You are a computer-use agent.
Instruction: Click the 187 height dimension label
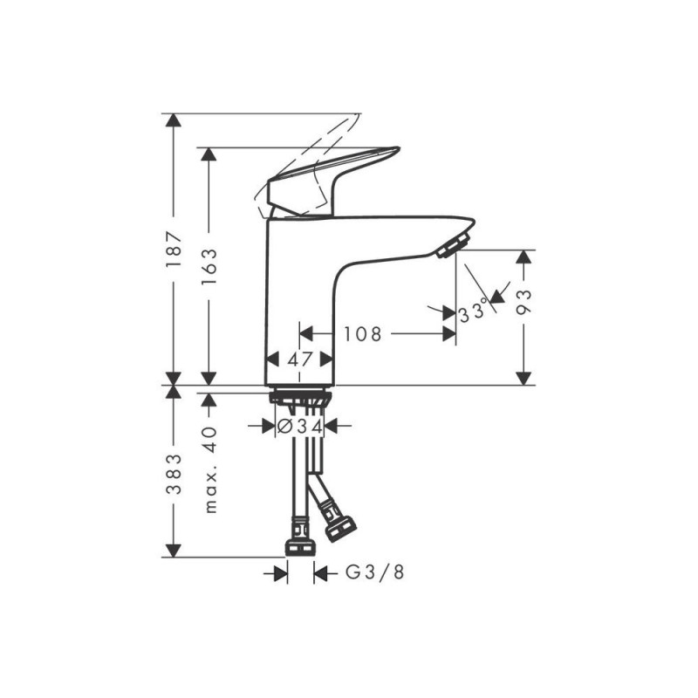point(174,249)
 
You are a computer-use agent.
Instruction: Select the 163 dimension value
point(209,267)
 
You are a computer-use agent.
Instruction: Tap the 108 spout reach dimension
point(362,333)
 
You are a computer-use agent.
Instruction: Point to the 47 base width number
point(300,359)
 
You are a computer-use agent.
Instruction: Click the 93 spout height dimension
point(524,302)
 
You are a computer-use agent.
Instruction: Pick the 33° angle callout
point(474,311)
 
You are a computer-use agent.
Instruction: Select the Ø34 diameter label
point(299,427)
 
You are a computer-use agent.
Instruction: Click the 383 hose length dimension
point(174,474)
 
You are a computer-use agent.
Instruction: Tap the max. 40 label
point(210,470)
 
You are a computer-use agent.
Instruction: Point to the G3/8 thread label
point(375,572)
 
